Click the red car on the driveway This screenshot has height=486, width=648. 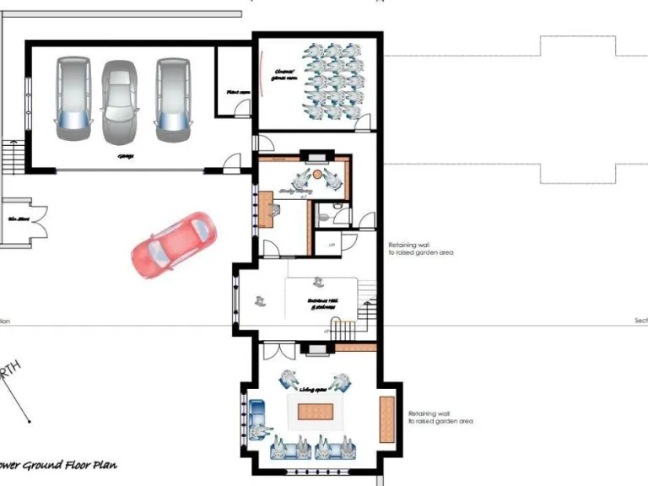[x=173, y=244]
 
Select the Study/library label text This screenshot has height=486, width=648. [x=302, y=193]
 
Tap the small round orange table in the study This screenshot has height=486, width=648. [x=318, y=174]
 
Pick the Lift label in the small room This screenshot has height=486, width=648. [x=332, y=245]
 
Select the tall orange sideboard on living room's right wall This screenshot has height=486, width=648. [x=386, y=420]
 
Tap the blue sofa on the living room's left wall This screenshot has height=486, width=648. [x=257, y=419]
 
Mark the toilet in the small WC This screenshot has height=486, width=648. [x=337, y=208]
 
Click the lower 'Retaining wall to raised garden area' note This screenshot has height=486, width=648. [x=440, y=417]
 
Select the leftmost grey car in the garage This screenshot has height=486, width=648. [x=73, y=99]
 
